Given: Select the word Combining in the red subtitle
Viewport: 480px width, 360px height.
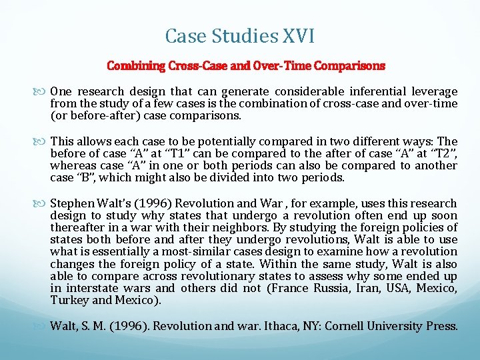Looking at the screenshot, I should point(135,66).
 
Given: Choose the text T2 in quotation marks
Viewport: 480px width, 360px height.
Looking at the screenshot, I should point(441,154).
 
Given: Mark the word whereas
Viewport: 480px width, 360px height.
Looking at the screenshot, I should point(73,166).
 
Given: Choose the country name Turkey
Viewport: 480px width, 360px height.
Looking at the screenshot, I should point(68,301).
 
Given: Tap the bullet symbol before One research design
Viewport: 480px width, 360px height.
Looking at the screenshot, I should point(43,91).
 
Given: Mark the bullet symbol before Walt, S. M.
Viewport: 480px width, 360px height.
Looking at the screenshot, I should point(43,327).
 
